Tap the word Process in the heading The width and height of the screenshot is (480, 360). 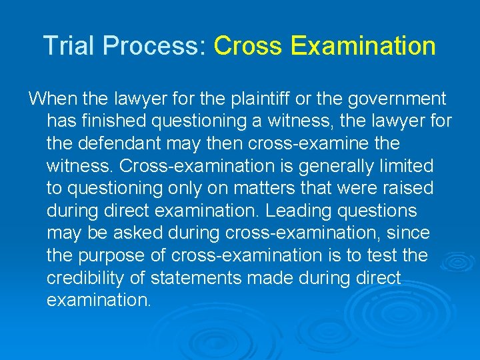coord(147,46)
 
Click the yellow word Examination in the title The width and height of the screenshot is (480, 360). coord(363,46)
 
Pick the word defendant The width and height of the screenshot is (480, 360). coord(128,143)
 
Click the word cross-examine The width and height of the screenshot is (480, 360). coord(301,143)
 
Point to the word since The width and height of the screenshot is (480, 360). coord(411,233)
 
